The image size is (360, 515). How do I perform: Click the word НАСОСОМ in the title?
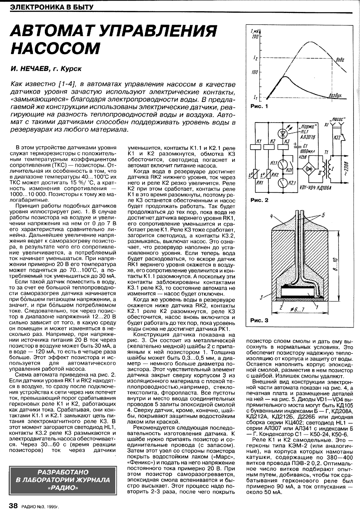pos(55,48)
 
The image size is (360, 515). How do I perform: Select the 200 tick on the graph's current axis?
pos(255,37)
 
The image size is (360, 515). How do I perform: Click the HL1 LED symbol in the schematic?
pos(283,133)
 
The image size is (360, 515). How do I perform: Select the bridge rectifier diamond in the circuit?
pos(311,168)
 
